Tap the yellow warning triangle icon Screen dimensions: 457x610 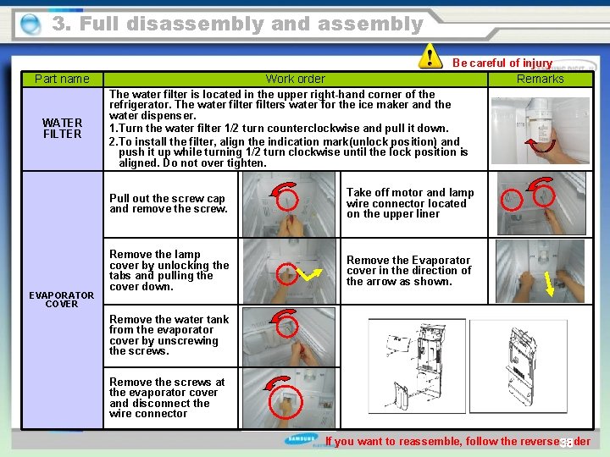pos(430,57)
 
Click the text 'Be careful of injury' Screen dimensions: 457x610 pos(502,63)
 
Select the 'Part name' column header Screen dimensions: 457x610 pos(62,79)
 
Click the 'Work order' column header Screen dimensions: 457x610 pos(295,79)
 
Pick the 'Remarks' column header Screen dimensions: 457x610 pos(540,79)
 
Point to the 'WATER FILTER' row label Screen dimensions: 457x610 pos(62,128)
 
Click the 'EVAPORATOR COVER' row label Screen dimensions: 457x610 pos(62,300)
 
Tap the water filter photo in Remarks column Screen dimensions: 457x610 pos(541,128)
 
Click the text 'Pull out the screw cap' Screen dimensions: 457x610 pos(169,203)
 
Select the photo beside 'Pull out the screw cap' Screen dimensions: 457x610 pos(289,204)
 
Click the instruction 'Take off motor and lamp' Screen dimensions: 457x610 pos(410,203)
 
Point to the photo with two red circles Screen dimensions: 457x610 pos(540,204)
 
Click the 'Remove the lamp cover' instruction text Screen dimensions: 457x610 pos(169,270)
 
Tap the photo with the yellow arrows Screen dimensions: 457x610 pos(289,270)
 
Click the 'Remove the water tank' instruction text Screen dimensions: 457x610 pos(169,335)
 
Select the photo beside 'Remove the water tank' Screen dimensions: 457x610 pos(289,335)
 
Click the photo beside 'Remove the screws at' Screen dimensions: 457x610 pos(289,397)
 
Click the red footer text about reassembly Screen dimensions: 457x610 pos(457,441)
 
